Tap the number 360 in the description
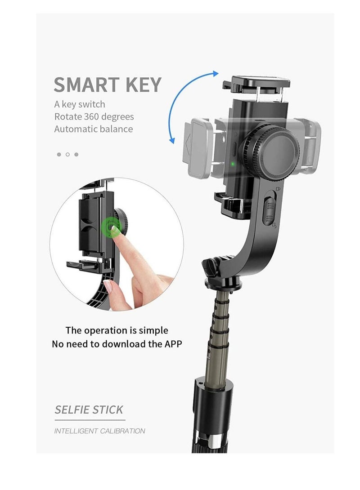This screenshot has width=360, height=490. [x=92, y=117]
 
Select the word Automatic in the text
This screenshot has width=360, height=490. [x=75, y=129]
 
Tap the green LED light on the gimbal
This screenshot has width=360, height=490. [x=233, y=163]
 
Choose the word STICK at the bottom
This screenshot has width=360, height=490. [x=107, y=410]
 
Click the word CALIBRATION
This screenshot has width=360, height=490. [x=122, y=431]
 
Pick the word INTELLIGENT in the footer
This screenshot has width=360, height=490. [x=76, y=431]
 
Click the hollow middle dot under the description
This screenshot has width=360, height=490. [x=67, y=155]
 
